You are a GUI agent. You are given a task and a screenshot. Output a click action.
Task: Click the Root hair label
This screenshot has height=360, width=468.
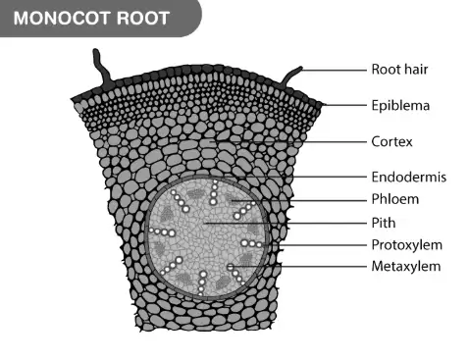tap(399, 70)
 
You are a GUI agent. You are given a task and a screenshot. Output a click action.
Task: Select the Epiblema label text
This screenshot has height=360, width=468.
tap(400, 106)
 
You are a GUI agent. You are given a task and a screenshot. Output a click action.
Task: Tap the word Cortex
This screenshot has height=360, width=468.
tap(391, 141)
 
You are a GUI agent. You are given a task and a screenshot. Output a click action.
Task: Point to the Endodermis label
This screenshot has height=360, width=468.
tap(409, 177)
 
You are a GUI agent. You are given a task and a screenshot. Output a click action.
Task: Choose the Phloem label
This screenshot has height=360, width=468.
tap(395, 199)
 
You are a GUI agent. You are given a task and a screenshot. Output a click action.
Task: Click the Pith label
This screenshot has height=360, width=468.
tap(384, 223)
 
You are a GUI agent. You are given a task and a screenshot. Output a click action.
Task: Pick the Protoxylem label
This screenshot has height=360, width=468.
tap(407, 245)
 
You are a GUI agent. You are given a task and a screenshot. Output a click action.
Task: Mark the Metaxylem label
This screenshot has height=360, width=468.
tap(406, 266)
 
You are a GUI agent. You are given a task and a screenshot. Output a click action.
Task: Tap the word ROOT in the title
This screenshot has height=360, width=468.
tap(143, 18)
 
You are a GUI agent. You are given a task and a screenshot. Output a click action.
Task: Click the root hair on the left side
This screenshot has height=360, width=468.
tap(101, 68)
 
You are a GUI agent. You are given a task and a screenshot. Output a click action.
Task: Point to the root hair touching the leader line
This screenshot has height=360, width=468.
tap(291, 77)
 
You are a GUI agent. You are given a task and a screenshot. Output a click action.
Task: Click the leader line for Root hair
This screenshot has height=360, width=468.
tap(334, 70)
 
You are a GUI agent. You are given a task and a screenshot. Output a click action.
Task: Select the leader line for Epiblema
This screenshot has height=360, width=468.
tap(344, 105)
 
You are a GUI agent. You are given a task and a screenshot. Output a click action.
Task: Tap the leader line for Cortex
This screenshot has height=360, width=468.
tap(287, 142)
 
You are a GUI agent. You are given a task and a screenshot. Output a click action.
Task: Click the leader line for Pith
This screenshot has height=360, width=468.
tap(285, 224)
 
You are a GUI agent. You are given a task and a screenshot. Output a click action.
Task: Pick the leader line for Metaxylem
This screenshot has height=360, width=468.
tap(298, 267)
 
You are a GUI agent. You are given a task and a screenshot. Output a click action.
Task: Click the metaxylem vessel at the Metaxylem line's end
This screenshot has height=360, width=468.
tap(231, 267)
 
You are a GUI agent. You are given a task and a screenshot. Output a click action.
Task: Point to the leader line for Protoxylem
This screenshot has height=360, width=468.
tap(314, 245)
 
